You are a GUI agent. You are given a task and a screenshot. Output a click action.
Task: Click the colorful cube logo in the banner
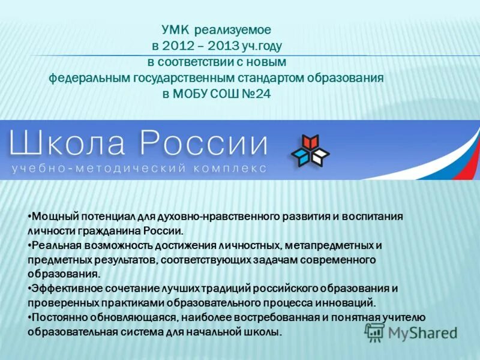(310, 151)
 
